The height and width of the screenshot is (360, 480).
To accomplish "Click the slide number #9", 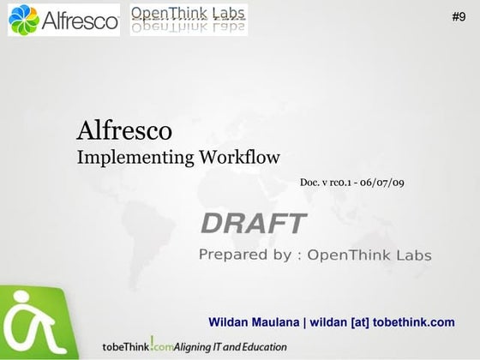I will [459, 16].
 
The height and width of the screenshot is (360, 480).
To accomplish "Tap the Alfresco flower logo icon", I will [25, 20].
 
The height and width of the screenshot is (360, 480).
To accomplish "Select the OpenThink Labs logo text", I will [189, 14].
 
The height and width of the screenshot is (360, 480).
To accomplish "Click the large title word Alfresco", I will [124, 131].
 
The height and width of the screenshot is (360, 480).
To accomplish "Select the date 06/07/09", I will [383, 183].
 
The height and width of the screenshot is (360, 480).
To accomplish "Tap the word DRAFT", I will [253, 224].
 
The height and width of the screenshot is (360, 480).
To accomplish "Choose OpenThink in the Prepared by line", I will [351, 255].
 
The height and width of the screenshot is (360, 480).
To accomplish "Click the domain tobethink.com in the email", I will [410, 322].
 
